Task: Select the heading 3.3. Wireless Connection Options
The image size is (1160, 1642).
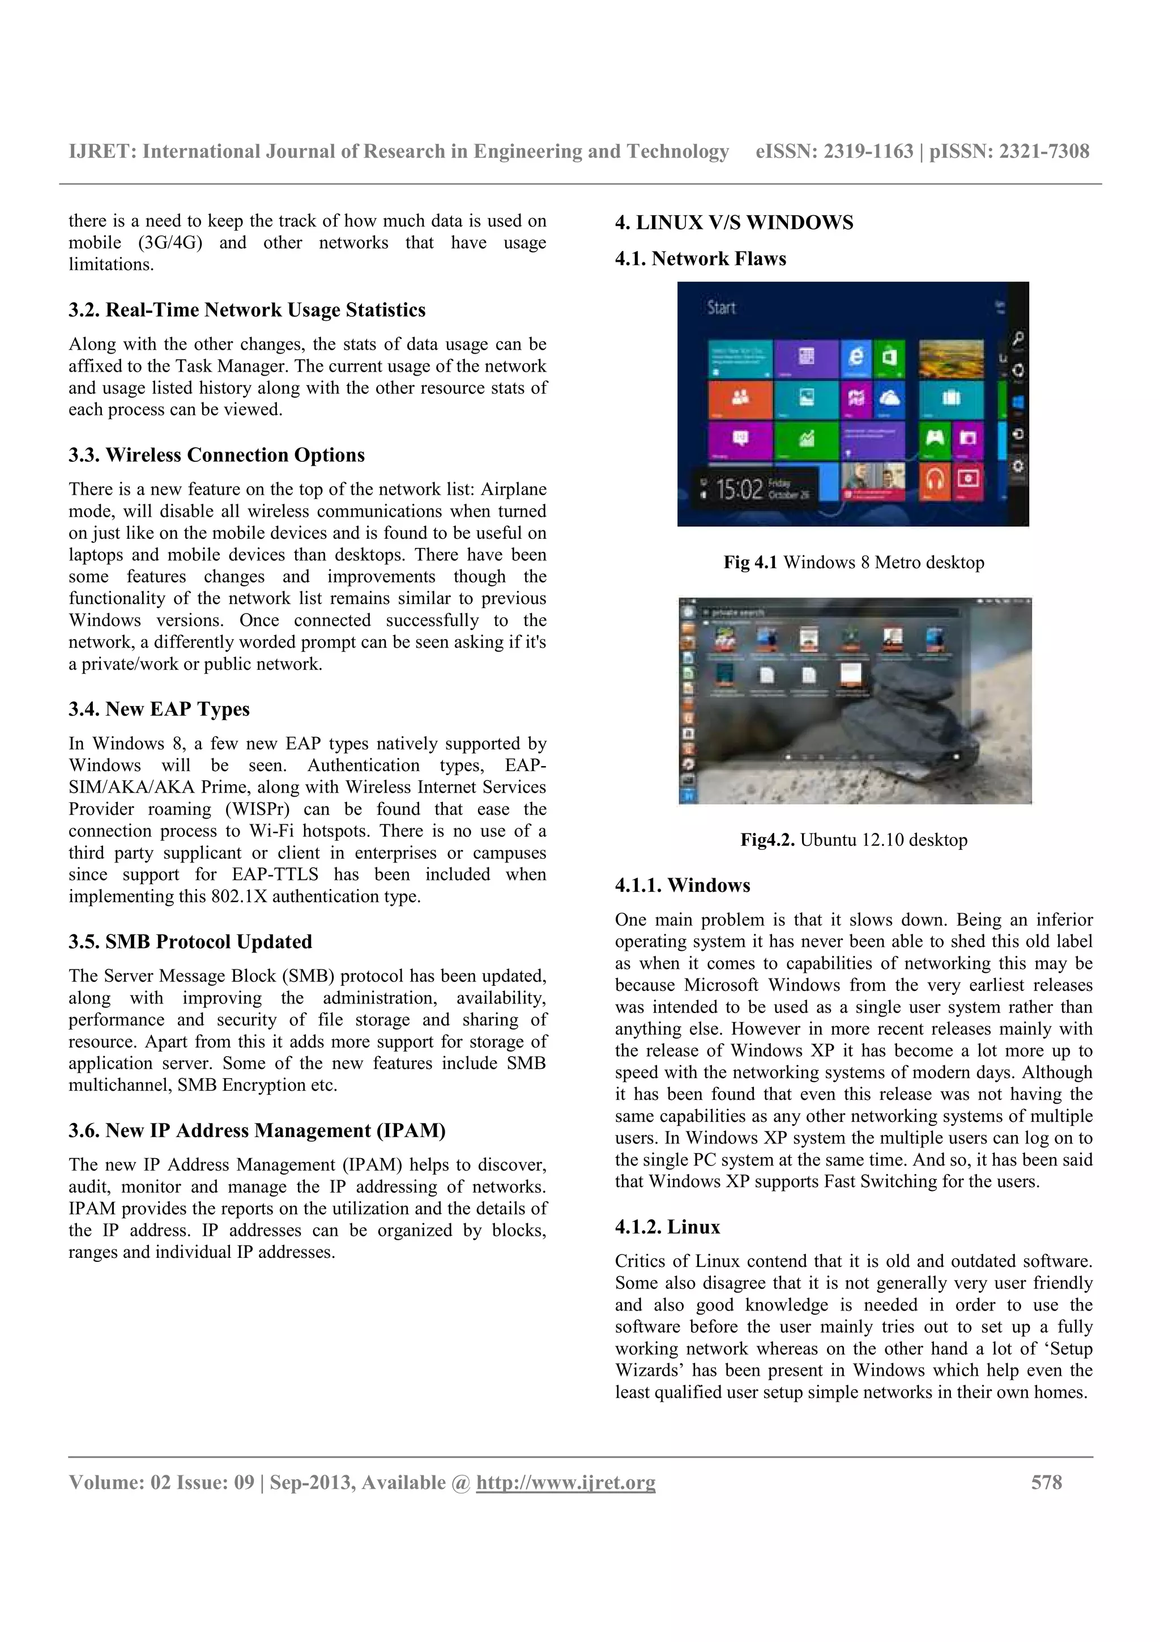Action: tap(216, 455)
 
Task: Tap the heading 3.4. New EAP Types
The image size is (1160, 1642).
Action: tap(159, 709)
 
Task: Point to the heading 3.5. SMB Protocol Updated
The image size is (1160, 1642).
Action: tap(190, 941)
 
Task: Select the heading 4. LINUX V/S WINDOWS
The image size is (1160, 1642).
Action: tap(734, 223)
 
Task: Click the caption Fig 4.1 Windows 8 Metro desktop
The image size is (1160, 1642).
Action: tap(854, 562)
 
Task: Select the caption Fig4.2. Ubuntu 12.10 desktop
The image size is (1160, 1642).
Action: tap(854, 840)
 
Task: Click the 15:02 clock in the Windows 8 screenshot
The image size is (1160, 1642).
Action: tap(739, 490)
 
